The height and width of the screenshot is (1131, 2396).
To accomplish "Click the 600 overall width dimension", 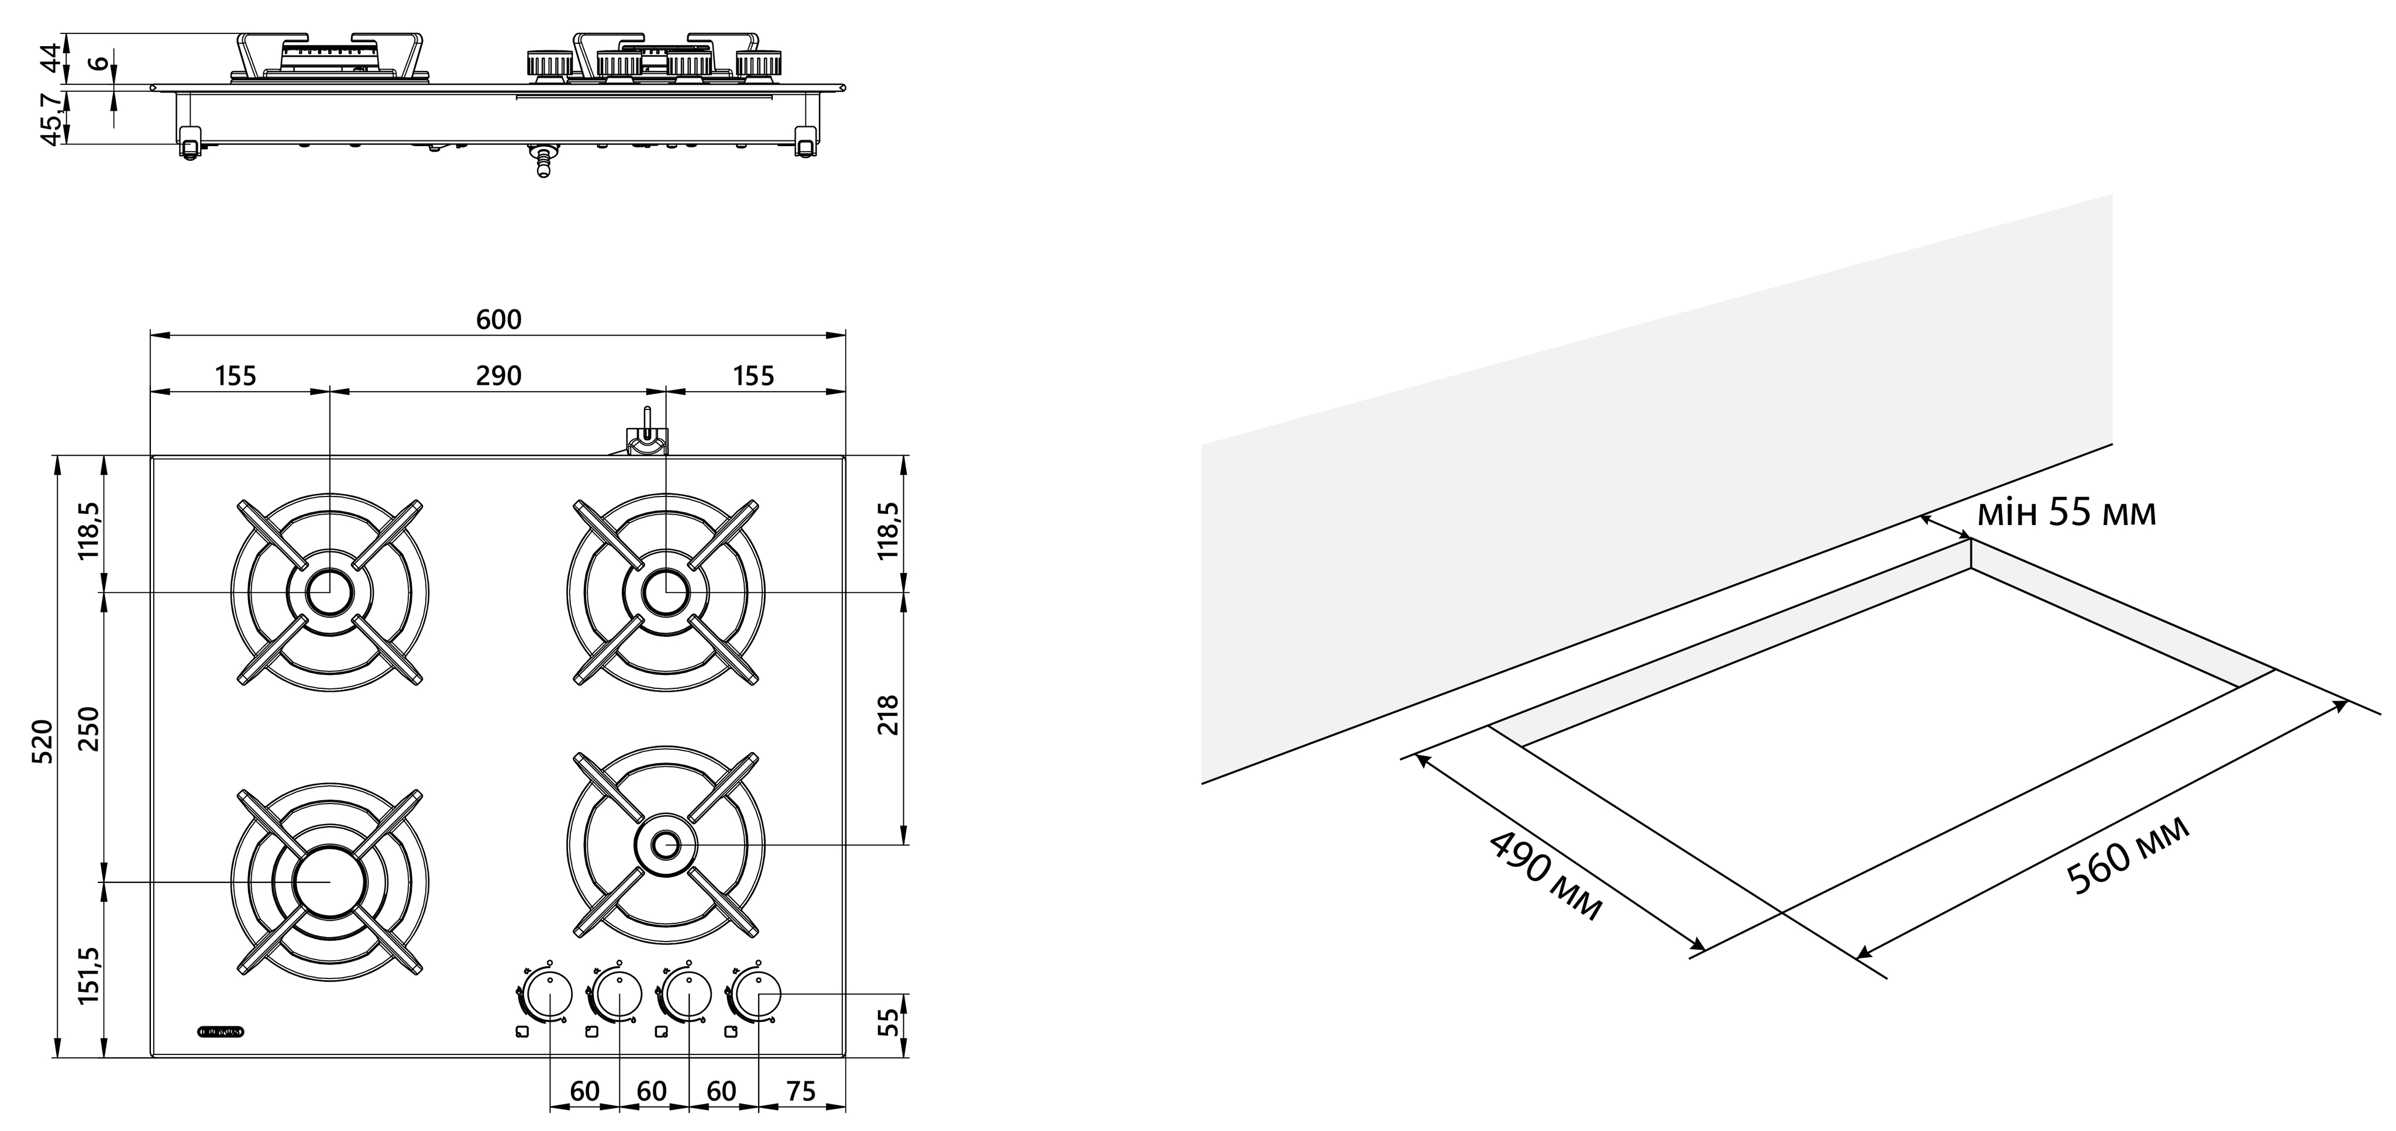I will pyautogui.click(x=498, y=319).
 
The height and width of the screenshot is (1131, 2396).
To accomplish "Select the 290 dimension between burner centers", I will pyautogui.click(x=498, y=376).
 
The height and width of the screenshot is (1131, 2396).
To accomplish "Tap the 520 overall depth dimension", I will pyautogui.click(x=42, y=742).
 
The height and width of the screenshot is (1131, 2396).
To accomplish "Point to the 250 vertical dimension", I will pyautogui.click(x=89, y=733).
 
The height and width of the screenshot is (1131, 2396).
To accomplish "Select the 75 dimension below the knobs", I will pyautogui.click(x=801, y=1091).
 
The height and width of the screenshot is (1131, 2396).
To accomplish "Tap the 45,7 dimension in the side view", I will pyautogui.click(x=53, y=118).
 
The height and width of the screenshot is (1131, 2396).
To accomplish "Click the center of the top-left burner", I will pyautogui.click(x=329, y=592).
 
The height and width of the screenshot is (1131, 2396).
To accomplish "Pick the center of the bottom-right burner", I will pyautogui.click(x=666, y=844).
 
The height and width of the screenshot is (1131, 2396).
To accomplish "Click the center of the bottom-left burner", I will pyautogui.click(x=329, y=880).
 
